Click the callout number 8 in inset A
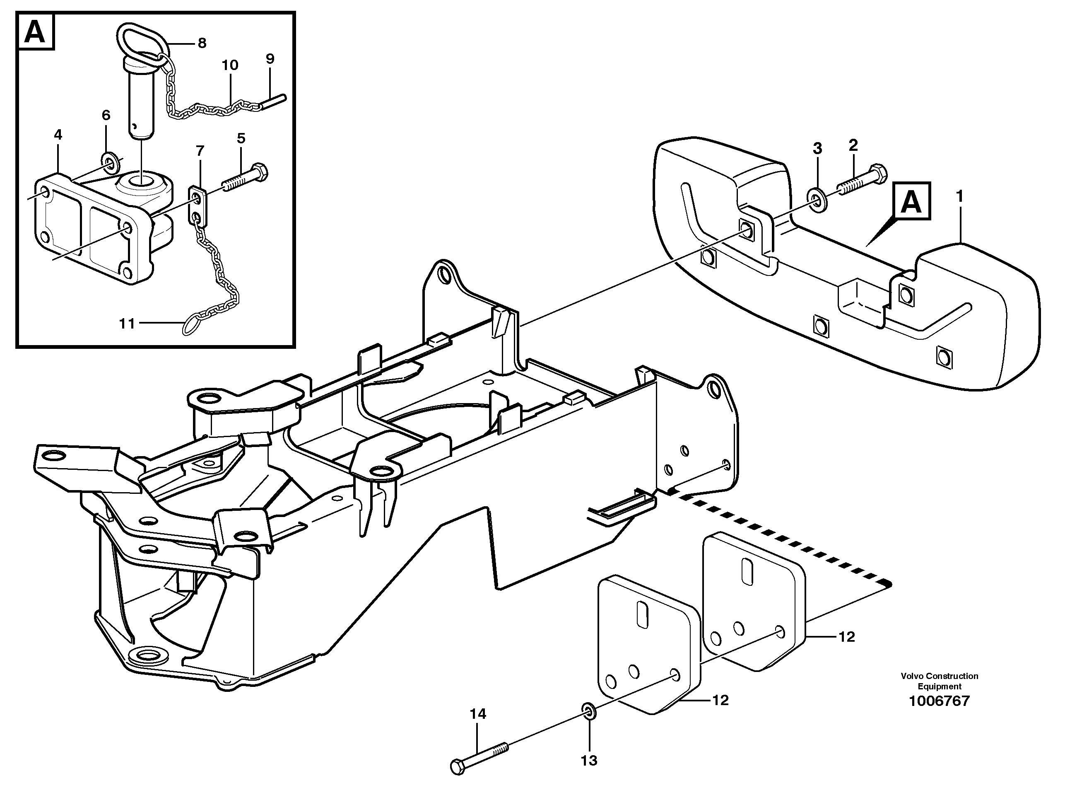pyautogui.click(x=202, y=43)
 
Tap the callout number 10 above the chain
pyautogui.click(x=230, y=65)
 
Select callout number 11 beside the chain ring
pyautogui.click(x=127, y=324)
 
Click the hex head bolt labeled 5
pyautogui.click(x=245, y=179)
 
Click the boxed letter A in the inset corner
pyautogui.click(x=35, y=32)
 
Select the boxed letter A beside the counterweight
pyautogui.click(x=911, y=203)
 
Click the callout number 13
pyautogui.click(x=589, y=760)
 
